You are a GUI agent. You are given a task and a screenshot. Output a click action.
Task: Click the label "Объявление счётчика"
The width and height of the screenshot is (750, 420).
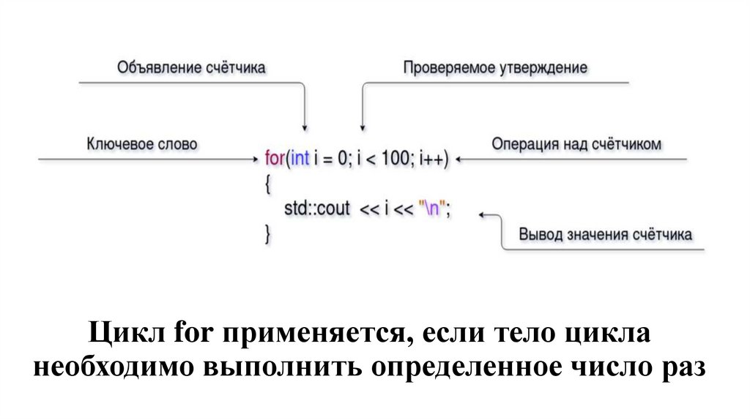[191, 68]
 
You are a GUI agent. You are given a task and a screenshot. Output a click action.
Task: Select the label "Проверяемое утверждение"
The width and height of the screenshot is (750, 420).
[495, 68]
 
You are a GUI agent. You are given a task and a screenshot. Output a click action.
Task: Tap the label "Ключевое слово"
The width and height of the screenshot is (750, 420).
[142, 143]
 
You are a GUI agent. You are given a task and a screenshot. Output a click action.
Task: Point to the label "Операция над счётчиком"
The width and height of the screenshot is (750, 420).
[576, 143]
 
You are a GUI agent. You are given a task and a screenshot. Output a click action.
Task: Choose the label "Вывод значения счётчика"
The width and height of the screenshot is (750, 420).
[606, 235]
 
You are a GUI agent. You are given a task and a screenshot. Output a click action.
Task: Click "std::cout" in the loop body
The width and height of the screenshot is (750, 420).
[317, 209]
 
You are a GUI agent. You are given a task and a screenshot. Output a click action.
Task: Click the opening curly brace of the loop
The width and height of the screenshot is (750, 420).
[267, 184]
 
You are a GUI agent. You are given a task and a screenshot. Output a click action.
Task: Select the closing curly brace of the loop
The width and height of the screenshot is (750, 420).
[267, 234]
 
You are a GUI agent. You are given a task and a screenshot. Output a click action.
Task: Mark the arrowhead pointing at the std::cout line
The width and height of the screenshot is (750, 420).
[483, 214]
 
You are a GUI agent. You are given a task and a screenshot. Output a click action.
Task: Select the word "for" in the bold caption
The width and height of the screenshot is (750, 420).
[193, 335]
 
